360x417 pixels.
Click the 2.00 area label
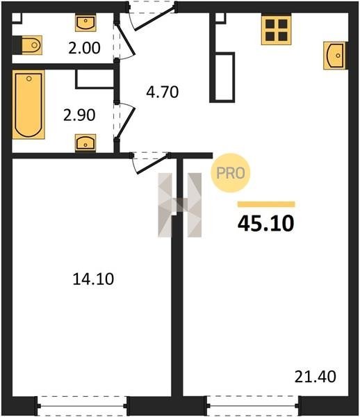coord(84,48)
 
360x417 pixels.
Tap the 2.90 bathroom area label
coord(79,115)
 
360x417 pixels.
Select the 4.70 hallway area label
coord(162,92)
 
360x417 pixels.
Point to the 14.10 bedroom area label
coord(93,279)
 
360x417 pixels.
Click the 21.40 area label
coord(316,377)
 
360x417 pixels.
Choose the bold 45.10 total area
coord(266,223)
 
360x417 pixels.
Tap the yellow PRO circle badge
coord(231,173)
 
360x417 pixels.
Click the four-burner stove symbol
coord(276,30)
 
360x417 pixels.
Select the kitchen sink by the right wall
coord(335,56)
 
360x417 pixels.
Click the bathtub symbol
coord(28,104)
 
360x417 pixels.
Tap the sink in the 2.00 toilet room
coord(85,23)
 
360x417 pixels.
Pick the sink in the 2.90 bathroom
coord(85,142)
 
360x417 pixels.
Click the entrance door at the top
coord(153,15)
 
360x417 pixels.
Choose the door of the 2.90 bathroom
coord(124,121)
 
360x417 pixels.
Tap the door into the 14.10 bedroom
coord(151,163)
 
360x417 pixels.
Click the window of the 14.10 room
coord(82,406)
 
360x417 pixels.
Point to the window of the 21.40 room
coord(254,406)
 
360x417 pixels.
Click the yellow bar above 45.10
coord(266,204)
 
